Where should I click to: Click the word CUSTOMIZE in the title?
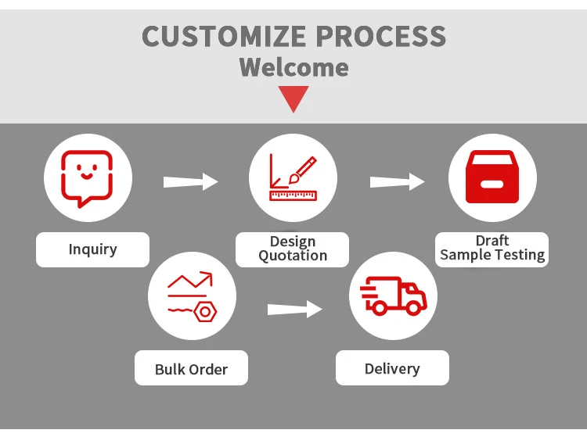click(x=224, y=36)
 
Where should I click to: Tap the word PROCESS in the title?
click(x=381, y=36)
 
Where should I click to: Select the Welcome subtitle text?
click(x=293, y=67)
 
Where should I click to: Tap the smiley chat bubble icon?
click(x=87, y=179)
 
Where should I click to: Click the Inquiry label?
click(x=93, y=249)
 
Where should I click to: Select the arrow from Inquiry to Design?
click(x=190, y=181)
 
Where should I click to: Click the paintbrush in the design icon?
click(x=302, y=170)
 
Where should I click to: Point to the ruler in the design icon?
click(x=293, y=195)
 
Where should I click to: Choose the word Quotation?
click(x=293, y=256)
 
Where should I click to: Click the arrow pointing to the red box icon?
click(x=397, y=181)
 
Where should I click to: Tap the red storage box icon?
click(x=492, y=177)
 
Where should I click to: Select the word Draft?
click(x=492, y=240)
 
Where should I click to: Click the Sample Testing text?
click(x=492, y=255)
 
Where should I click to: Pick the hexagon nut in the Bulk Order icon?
click(x=205, y=312)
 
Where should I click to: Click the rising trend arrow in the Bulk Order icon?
click(x=190, y=280)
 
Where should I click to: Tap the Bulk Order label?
click(x=191, y=369)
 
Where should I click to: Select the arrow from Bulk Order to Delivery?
click(x=294, y=309)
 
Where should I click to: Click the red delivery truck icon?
click(x=394, y=296)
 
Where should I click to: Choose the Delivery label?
click(x=392, y=369)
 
